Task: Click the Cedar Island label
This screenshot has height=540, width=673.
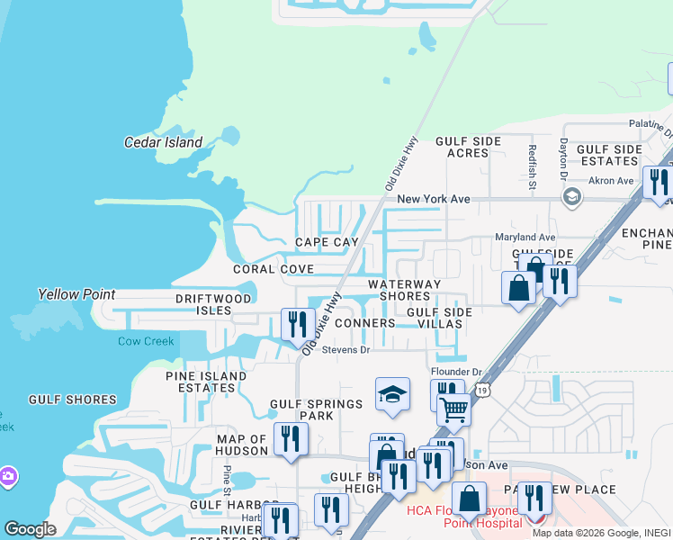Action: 163,142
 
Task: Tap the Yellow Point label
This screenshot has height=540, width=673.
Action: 76,294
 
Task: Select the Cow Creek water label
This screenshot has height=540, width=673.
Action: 145,341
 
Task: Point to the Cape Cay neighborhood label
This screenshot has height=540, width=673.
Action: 327,242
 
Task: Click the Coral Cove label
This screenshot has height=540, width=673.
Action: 274,269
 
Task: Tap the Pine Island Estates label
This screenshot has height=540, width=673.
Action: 206,382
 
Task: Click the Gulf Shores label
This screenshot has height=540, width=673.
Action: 72,400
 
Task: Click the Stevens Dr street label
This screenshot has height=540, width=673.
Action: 346,349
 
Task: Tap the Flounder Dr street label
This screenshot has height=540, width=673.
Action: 457,371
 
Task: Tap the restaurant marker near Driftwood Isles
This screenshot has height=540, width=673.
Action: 298,324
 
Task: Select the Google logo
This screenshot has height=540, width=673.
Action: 30,529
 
